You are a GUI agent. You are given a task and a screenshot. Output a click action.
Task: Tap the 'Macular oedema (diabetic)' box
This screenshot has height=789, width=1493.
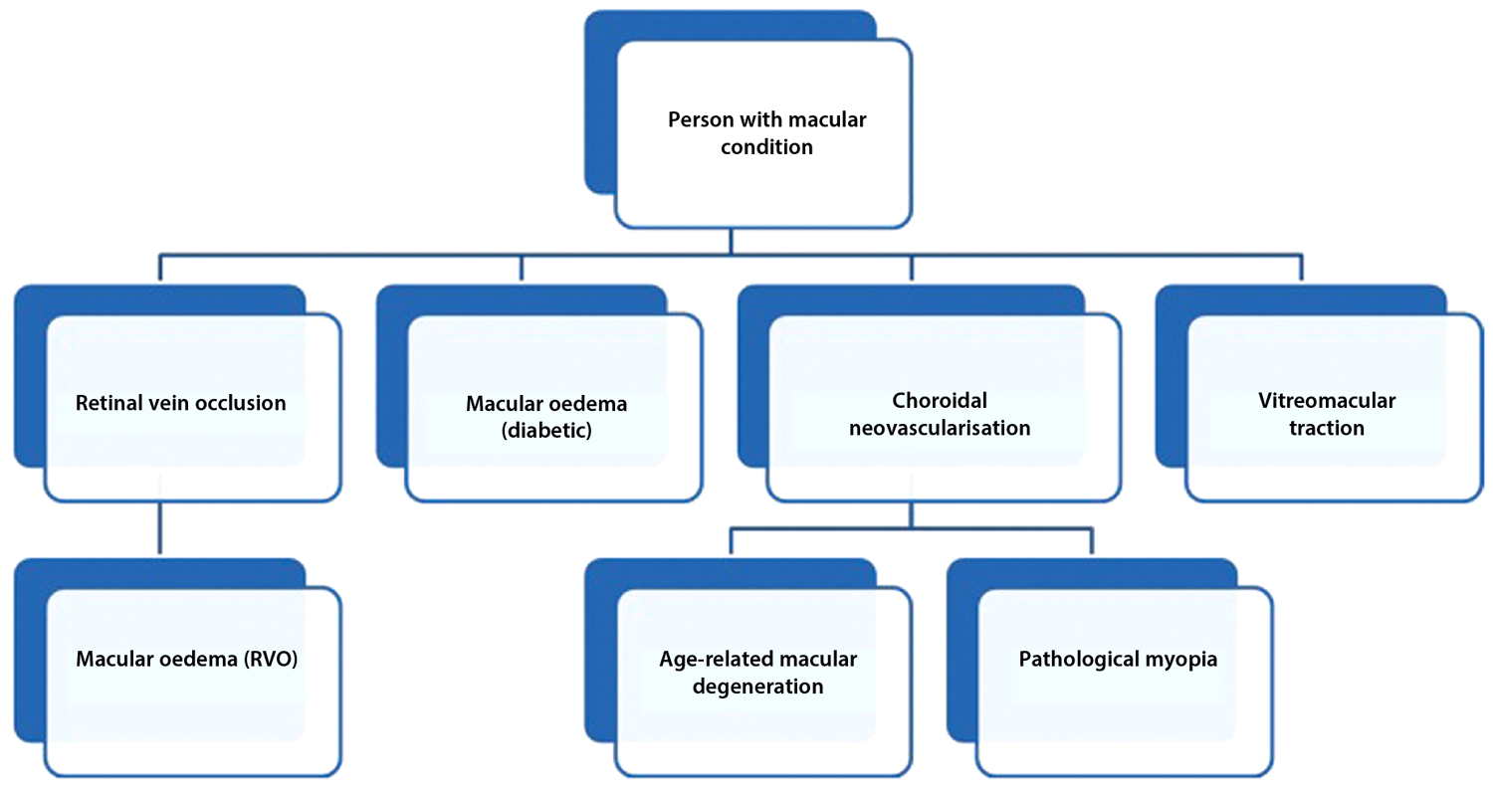pyautogui.click(x=553, y=418)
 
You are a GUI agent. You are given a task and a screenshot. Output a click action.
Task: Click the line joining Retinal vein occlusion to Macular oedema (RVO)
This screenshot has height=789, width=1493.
pyautogui.click(x=159, y=528)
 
